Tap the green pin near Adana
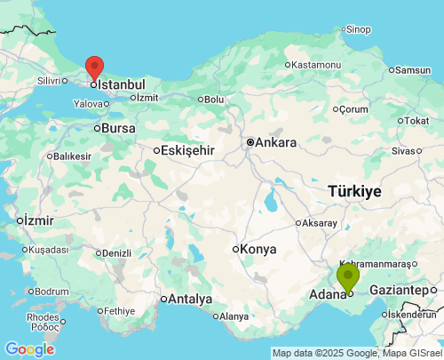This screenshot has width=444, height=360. pos(348,277)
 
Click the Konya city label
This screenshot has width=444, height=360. pos(259,249)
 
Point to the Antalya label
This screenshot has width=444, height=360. pos(191,299)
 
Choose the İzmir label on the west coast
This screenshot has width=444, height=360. pos(39,220)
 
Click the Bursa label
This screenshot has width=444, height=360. pos(118,128)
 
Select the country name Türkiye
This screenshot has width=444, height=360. pos(354,191)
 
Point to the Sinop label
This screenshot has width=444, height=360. pos(358,29)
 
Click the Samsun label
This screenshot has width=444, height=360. pos(412,70)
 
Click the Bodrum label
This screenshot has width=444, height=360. pos(52,291)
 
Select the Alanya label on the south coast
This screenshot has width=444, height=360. pos(234,316)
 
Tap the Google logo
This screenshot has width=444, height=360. pos(29,349)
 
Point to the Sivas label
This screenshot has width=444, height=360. pos(428,151)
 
